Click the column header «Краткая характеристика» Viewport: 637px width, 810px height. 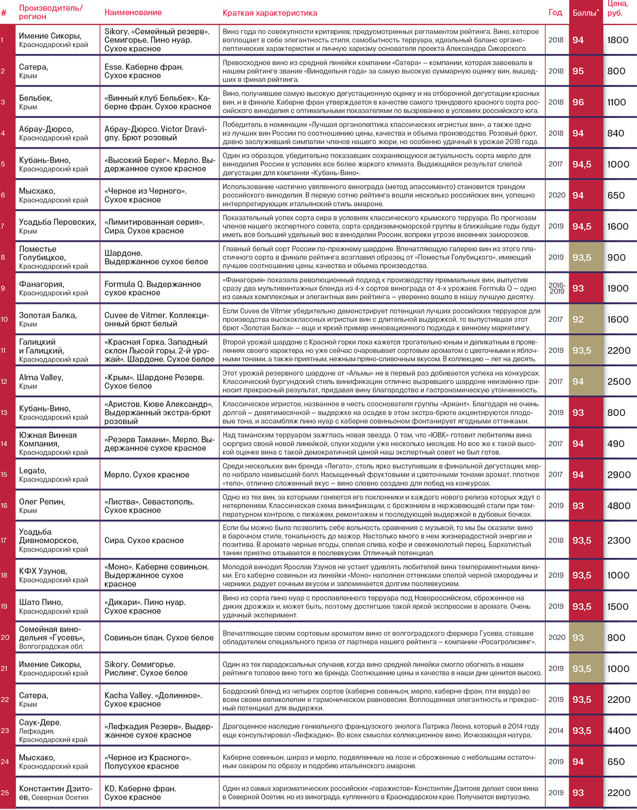point(270,13)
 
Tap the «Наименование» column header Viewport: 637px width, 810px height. point(133,12)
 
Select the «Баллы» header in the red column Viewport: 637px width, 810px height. point(585,13)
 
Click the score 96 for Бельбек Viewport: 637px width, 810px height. point(578,102)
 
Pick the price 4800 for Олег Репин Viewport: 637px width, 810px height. point(619,506)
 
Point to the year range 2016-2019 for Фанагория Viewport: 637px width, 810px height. point(557,288)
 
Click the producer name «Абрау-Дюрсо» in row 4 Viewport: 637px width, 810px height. point(46,129)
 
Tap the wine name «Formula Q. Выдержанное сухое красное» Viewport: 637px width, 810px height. point(152,288)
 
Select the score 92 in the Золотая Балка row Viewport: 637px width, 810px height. point(578,320)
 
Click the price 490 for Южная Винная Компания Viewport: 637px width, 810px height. point(616,444)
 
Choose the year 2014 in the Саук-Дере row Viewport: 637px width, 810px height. point(556,731)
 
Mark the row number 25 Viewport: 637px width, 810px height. point(5,793)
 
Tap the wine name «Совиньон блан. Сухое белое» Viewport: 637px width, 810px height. point(159,638)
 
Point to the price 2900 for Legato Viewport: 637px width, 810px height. point(619,475)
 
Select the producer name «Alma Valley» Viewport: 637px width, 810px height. point(41,377)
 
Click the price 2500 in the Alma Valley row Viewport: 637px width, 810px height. point(619,382)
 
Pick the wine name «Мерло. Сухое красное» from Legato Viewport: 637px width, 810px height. point(147,475)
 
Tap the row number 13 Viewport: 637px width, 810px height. point(4,413)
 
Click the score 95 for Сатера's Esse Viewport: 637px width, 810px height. point(578,71)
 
